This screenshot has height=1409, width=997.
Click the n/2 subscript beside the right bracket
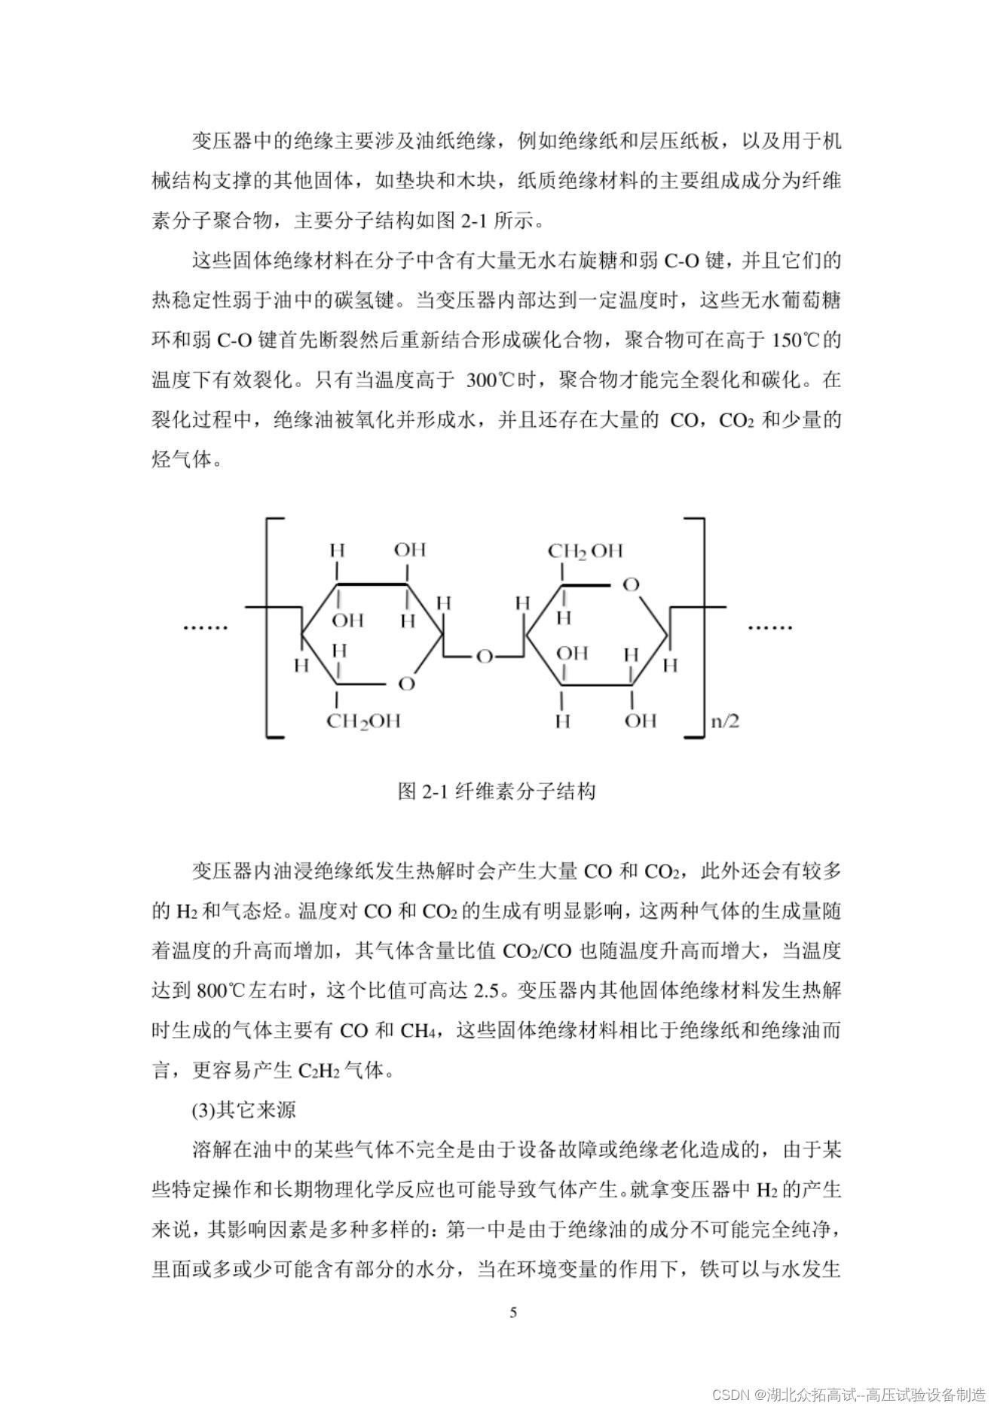coord(724,721)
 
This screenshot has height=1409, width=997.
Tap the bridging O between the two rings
coord(484,657)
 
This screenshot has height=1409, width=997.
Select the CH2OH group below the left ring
coord(363,721)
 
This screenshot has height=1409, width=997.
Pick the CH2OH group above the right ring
coord(585,551)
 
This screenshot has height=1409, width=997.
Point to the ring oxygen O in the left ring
coord(406,684)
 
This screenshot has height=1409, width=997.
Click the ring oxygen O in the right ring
coord(631,584)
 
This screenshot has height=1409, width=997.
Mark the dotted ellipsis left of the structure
coord(205,627)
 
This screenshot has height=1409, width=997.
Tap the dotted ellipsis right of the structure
coord(769,627)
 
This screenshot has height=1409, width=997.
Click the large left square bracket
coord(271,627)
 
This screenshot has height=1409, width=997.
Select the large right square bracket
coord(699,627)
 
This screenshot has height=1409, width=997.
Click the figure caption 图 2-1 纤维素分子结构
coord(497,791)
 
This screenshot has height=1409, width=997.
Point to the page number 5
coord(513,1313)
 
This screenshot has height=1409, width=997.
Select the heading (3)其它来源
coord(243,1110)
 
